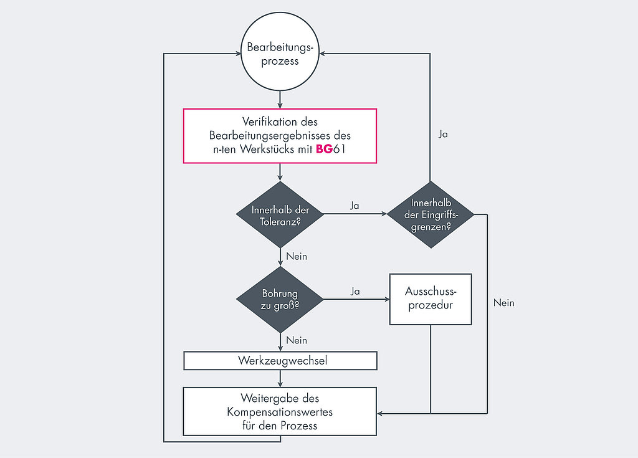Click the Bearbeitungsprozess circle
(280, 52)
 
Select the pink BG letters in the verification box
(324, 149)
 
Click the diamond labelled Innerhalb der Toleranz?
(280, 214)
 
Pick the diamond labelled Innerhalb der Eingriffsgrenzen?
(431, 214)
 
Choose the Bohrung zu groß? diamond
(280, 300)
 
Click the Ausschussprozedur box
(431, 299)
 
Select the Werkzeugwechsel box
(280, 361)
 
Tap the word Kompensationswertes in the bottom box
(280, 412)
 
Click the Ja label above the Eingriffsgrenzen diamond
(443, 134)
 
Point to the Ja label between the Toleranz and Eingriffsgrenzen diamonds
(355, 206)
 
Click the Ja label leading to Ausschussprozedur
(355, 291)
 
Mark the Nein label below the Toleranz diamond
(297, 257)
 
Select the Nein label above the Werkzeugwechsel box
(297, 340)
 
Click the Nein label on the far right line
(503, 303)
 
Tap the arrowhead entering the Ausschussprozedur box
(387, 299)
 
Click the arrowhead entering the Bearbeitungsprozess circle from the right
(322, 54)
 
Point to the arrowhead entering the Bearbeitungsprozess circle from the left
(238, 54)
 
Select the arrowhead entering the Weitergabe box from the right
(380, 414)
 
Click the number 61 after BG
(340, 149)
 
